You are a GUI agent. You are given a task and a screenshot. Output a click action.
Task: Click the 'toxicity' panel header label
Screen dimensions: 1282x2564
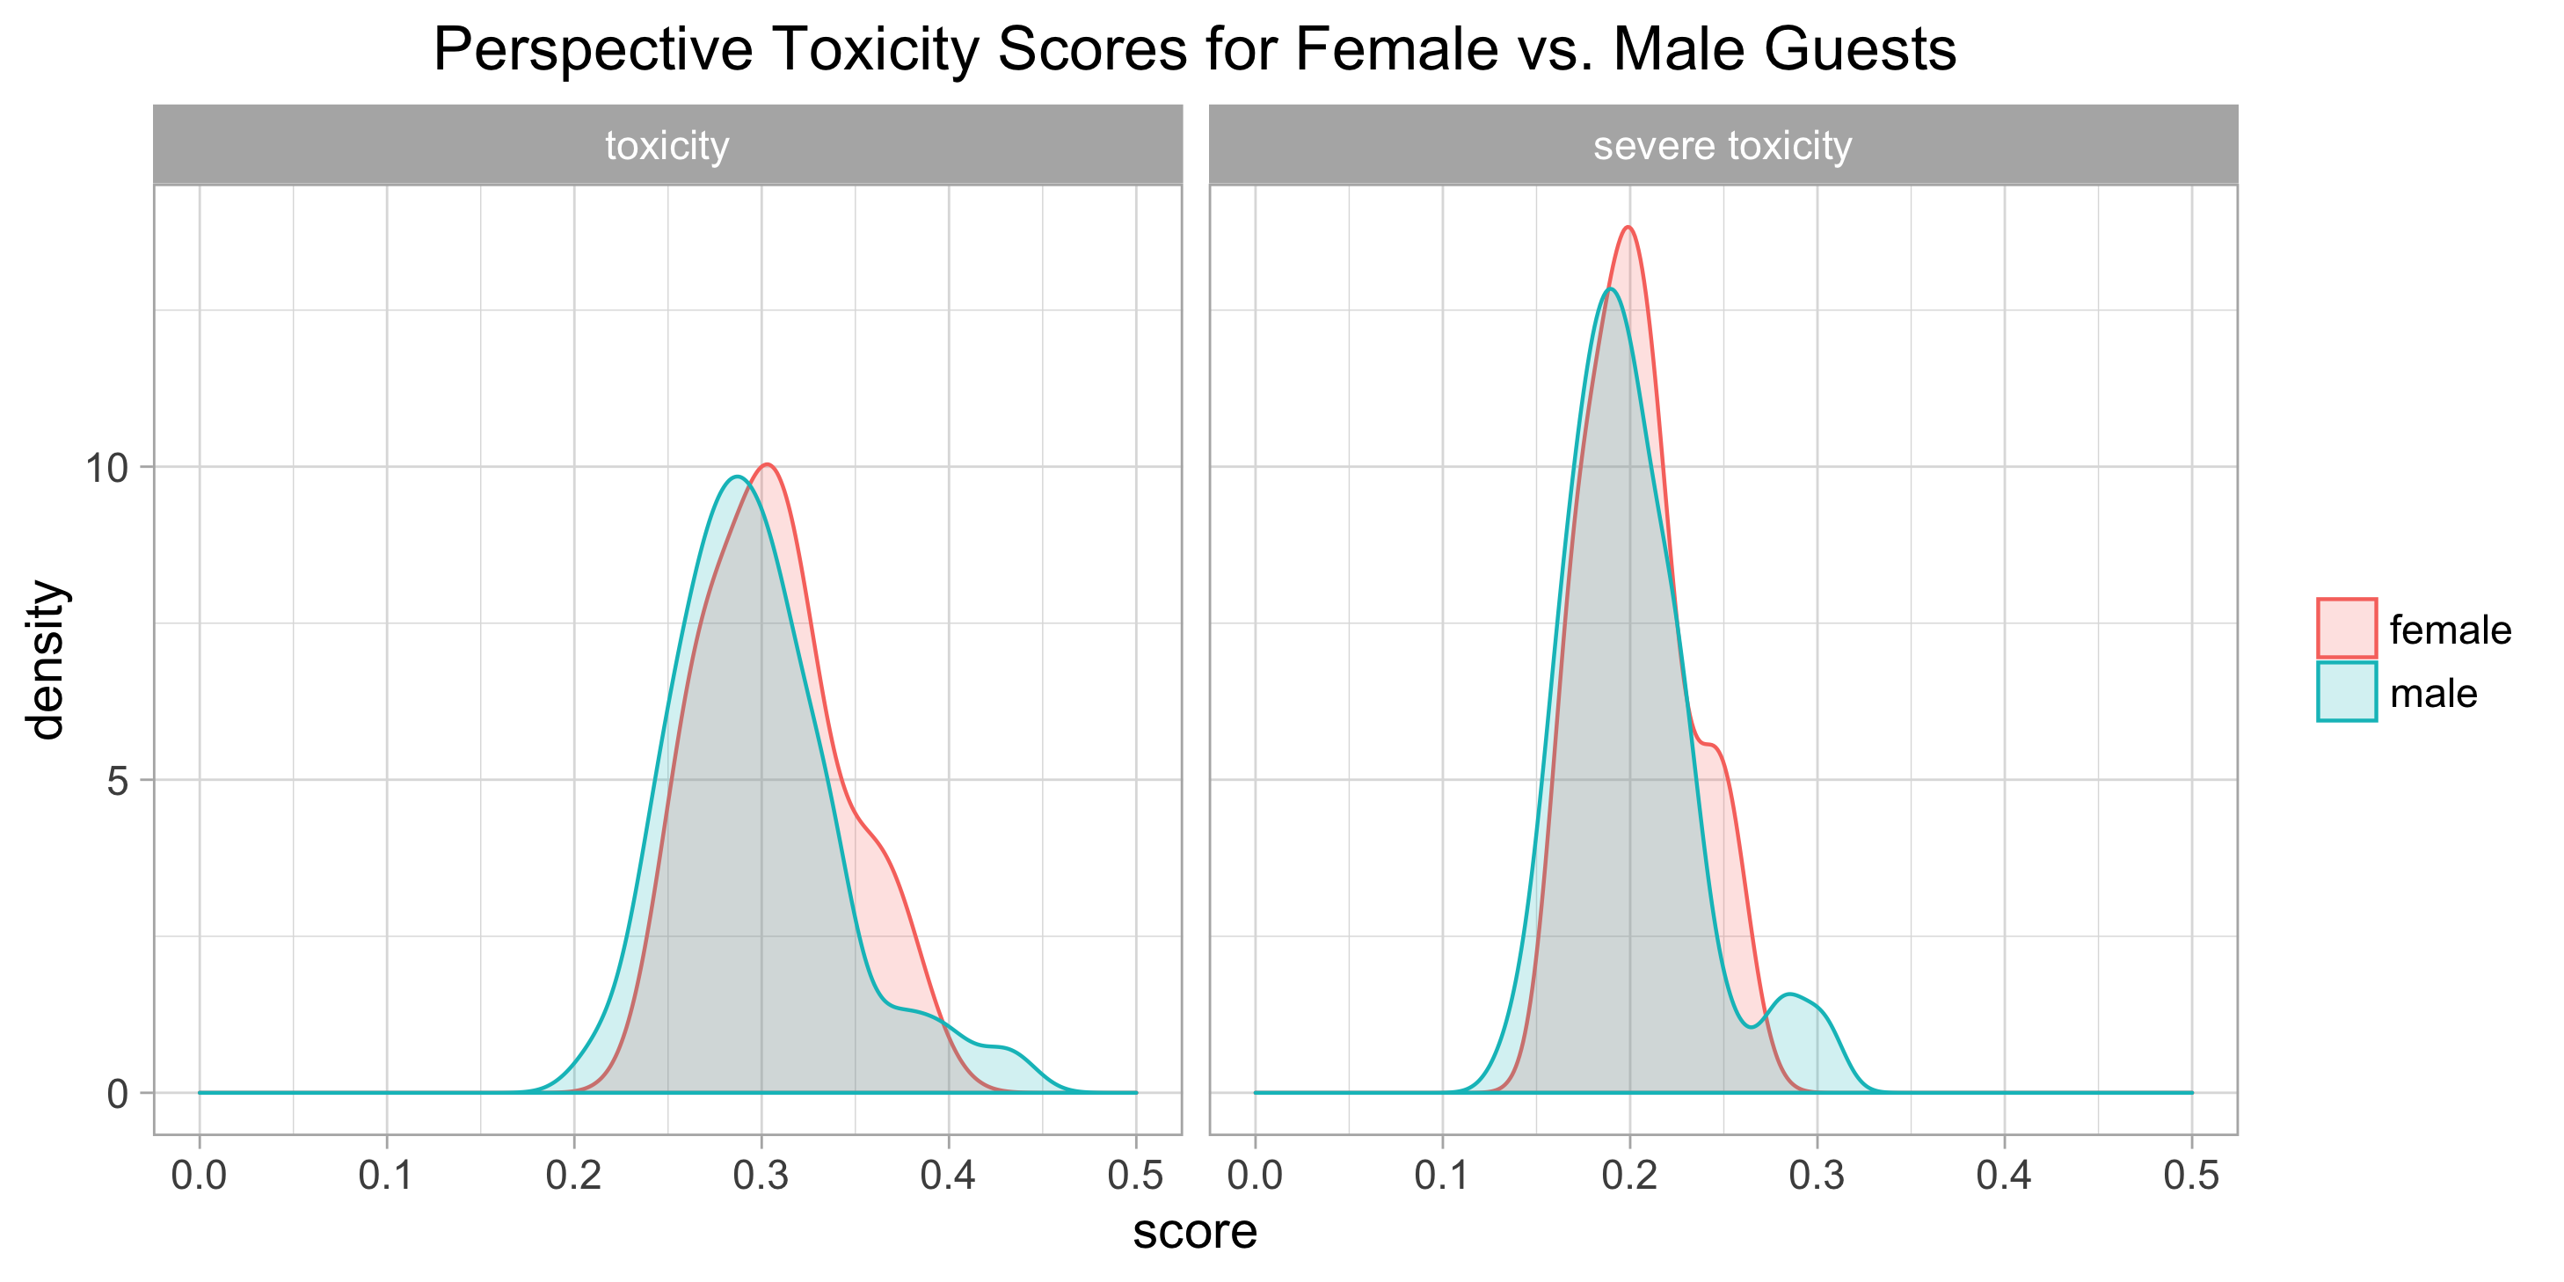pyautogui.click(x=666, y=145)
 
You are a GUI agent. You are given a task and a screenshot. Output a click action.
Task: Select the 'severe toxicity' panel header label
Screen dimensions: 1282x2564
pyautogui.click(x=1722, y=145)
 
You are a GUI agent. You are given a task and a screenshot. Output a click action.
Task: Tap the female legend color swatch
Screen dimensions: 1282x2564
pyautogui.click(x=2346, y=628)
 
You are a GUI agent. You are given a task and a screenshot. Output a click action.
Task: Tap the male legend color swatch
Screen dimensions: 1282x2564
pyautogui.click(x=2346, y=692)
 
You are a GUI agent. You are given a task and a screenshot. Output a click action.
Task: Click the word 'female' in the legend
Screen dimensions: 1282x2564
pyautogui.click(x=2450, y=630)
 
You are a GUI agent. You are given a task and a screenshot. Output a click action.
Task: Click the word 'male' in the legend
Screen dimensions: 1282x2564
pyautogui.click(x=2433, y=694)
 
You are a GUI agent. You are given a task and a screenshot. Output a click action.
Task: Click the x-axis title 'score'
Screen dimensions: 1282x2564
pyautogui.click(x=1194, y=1232)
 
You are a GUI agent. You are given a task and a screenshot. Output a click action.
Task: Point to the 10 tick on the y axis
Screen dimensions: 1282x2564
pyautogui.click(x=107, y=468)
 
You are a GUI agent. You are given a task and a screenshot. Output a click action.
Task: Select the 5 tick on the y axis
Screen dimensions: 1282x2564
pyautogui.click(x=118, y=782)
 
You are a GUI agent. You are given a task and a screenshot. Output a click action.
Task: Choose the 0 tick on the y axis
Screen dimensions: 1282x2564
pyautogui.click(x=118, y=1095)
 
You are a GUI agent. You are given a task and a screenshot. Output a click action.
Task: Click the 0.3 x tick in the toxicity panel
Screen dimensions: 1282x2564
pyautogui.click(x=761, y=1176)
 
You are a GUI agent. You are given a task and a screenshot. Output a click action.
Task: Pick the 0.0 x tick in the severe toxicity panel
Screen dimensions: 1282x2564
pyautogui.click(x=1254, y=1176)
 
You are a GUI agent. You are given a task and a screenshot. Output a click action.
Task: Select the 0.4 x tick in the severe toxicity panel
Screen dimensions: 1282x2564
pyautogui.click(x=2004, y=1176)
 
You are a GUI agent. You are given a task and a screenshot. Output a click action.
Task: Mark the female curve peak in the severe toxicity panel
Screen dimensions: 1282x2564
pyautogui.click(x=1628, y=228)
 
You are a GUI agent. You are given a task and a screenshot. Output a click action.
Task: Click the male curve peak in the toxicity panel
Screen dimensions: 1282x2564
pyautogui.click(x=737, y=477)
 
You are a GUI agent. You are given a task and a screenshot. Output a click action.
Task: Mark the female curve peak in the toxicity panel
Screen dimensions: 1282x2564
pyautogui.click(x=767, y=465)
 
